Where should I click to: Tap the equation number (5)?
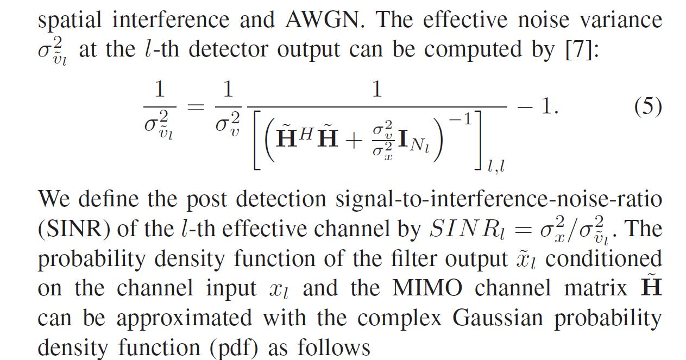648,106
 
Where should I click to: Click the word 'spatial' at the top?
70,20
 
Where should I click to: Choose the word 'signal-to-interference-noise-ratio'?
499,199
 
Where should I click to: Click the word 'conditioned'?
603,258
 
